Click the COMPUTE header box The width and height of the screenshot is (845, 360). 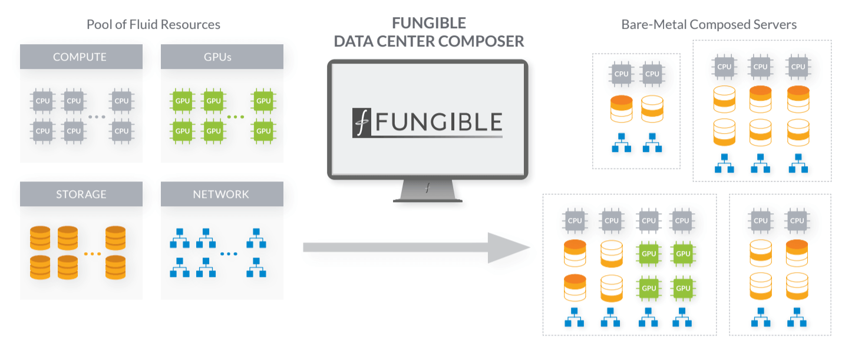point(81,57)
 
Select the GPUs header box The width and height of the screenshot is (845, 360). point(222,57)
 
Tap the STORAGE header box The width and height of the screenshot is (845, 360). point(81,194)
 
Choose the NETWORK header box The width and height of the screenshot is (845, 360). point(222,194)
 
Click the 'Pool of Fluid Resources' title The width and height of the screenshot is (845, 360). point(153,25)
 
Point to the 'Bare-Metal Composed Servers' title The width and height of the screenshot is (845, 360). point(709,25)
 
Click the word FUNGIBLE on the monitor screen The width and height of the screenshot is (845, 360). point(439,122)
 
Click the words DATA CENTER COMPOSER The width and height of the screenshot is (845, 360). point(428,42)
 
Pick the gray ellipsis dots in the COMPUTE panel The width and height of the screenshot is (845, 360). point(96,117)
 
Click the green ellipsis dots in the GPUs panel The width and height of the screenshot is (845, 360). point(235,117)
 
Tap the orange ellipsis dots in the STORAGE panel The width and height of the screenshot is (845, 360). point(93,254)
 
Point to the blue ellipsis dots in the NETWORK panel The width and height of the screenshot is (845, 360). point(229,254)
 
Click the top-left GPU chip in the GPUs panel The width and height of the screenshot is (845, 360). point(182,101)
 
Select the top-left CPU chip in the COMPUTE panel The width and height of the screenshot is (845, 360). point(42,101)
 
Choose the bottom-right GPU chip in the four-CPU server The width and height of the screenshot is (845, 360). point(682,289)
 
